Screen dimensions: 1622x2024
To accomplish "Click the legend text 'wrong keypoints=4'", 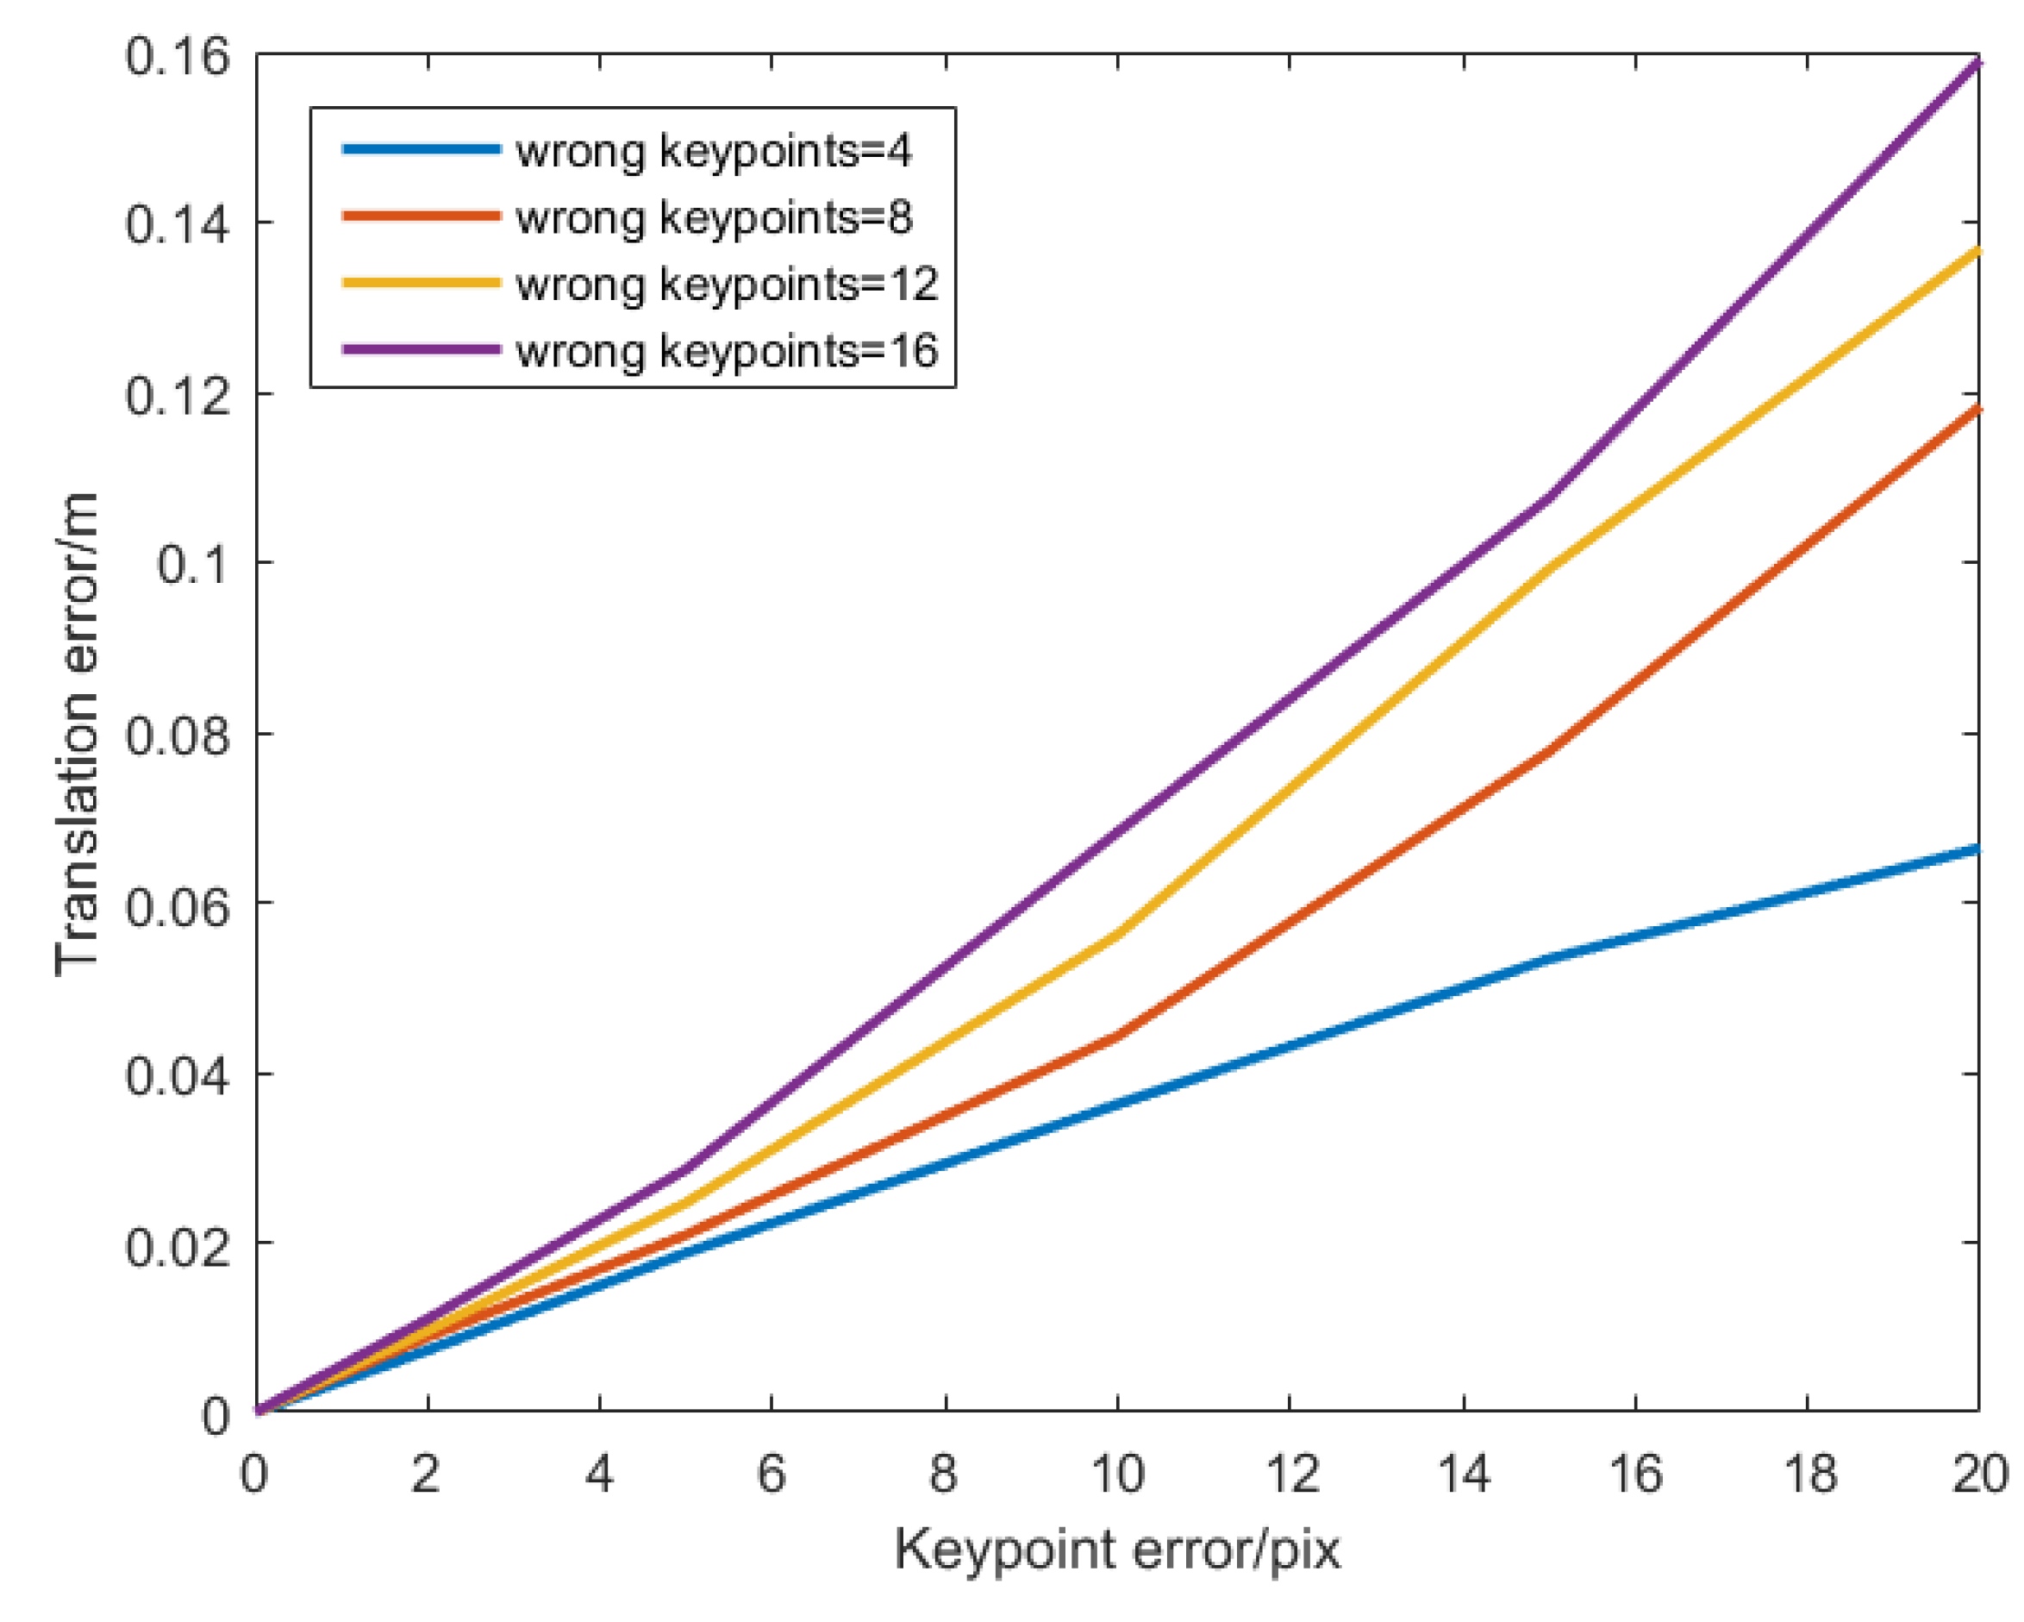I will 714,150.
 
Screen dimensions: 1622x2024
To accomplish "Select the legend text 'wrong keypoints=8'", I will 714,217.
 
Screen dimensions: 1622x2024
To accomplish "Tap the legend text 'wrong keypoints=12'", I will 727,284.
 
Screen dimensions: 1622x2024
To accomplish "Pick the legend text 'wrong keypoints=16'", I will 727,350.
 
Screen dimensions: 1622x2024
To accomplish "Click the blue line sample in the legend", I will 421,149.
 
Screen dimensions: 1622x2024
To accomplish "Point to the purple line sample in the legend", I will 421,349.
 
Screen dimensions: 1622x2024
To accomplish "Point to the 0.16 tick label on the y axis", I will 178,56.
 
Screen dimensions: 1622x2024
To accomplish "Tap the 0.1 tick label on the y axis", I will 192,565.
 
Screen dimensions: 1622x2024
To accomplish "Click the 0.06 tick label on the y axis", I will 178,905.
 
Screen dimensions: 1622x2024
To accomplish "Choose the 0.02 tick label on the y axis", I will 178,1246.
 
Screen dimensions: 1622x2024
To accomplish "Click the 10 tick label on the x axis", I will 1117,1474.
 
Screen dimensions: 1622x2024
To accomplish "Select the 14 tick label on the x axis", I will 1464,1474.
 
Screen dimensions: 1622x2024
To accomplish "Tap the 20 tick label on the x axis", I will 1979,1474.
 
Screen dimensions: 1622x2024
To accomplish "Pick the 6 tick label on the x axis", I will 771,1474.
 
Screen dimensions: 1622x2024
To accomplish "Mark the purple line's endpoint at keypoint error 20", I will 1977,63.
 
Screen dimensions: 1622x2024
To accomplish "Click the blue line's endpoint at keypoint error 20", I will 1977,849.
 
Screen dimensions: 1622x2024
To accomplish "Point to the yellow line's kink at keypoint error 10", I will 1117,934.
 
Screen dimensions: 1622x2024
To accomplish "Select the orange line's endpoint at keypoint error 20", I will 1977,408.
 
